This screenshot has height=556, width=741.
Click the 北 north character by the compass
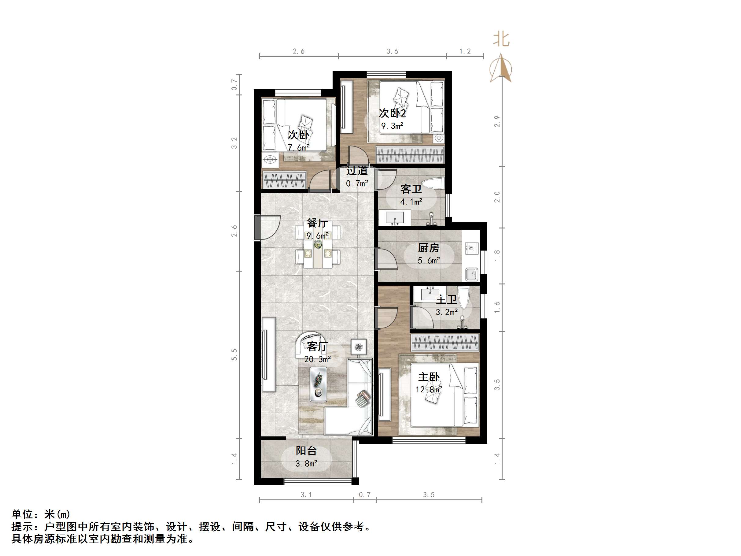501,39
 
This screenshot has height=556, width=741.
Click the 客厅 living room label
317,347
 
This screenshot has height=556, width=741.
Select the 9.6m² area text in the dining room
317,235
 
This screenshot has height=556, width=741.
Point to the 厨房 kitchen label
429,248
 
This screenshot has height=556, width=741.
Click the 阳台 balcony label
306,451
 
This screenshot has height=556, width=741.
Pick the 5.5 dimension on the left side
234,354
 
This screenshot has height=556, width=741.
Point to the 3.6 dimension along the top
392,51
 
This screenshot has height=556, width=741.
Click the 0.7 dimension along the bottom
364,495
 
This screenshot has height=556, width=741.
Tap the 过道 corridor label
357,171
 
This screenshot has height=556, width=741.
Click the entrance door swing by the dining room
267,227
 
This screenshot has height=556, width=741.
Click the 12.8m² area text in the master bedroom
429,389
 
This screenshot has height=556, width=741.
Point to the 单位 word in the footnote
22,514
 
